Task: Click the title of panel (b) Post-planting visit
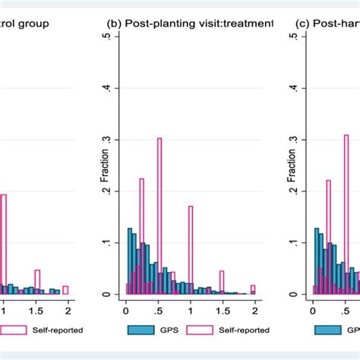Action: [x=189, y=24]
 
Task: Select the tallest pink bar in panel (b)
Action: [x=159, y=213]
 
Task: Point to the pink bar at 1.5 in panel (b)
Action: [x=222, y=281]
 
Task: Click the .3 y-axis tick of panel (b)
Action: [x=115, y=140]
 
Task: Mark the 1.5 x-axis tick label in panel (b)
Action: [x=222, y=309]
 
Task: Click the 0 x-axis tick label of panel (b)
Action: [x=126, y=309]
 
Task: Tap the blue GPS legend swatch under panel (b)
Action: [x=137, y=330]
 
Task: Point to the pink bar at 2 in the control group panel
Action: [x=65, y=289]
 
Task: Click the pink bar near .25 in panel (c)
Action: [x=328, y=235]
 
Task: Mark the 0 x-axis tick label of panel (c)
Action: [x=312, y=309]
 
